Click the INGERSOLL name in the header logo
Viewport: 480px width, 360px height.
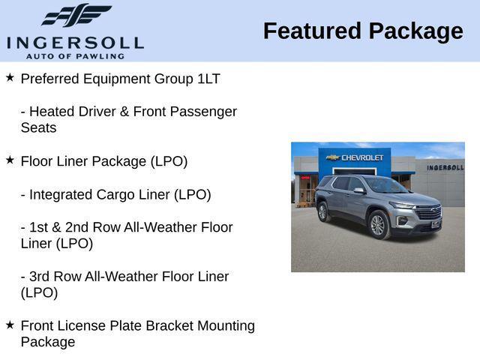(74, 42)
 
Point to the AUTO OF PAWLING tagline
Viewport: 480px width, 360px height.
(74, 56)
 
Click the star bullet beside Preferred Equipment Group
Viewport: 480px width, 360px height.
(10, 77)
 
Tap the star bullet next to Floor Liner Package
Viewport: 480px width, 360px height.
(10, 160)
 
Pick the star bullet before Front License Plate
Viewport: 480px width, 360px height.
(10, 325)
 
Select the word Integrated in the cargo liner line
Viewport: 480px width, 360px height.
(60, 194)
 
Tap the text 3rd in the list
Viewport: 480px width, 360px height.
(40, 277)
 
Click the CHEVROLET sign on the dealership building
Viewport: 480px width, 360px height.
(362, 157)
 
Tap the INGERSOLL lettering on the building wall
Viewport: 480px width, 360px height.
(444, 167)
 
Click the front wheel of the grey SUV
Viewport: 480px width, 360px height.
(378, 225)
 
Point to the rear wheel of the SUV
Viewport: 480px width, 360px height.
(323, 212)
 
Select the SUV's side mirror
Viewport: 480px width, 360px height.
(360, 190)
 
